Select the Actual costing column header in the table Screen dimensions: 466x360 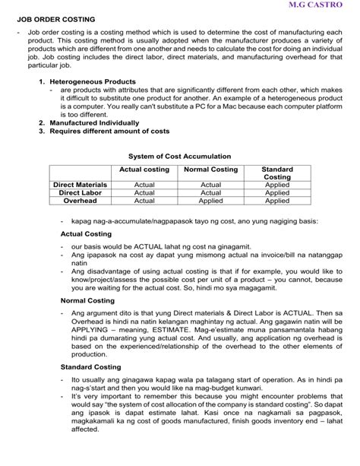(x=144, y=170)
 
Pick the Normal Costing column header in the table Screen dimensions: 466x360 (x=210, y=170)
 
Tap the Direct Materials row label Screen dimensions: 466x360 (x=80, y=185)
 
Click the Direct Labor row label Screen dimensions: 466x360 (x=80, y=193)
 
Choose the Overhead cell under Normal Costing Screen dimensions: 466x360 (x=210, y=201)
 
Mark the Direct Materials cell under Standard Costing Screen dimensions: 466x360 (x=276, y=185)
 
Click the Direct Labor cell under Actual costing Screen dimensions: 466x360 (x=144, y=193)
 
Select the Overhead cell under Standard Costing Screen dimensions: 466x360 (x=276, y=201)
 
